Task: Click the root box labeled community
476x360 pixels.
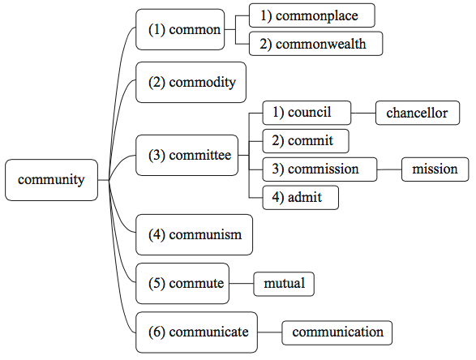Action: pyautogui.click(x=52, y=180)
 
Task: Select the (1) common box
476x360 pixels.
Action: pyautogui.click(x=180, y=29)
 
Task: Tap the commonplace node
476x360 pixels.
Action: pyautogui.click(x=311, y=15)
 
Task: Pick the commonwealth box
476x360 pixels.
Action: pyautogui.click(x=315, y=44)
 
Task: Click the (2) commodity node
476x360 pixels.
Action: pyautogui.click(x=191, y=82)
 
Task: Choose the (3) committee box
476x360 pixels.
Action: pyautogui.click(x=187, y=155)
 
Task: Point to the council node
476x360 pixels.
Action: pyautogui.click(x=307, y=113)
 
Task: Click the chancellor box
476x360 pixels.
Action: pyautogui.click(x=418, y=113)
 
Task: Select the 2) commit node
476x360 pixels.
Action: pyautogui.click(x=306, y=141)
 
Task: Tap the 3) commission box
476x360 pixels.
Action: pyautogui.click(x=319, y=169)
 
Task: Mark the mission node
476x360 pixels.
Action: pyautogui.click(x=435, y=169)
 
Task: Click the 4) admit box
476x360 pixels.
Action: pyautogui.click(x=301, y=198)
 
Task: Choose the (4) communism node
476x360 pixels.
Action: pyautogui.click(x=195, y=234)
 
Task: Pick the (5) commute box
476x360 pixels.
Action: pyautogui.click(x=182, y=283)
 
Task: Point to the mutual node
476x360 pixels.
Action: pyautogui.click(x=284, y=284)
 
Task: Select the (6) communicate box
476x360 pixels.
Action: pyautogui.click(x=197, y=332)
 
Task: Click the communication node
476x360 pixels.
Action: pyautogui.click(x=337, y=332)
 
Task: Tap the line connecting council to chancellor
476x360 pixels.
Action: pyautogui.click(x=363, y=113)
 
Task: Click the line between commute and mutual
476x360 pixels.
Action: pyautogui.click(x=242, y=284)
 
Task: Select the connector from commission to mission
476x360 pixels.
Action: pyautogui.click(x=389, y=169)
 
